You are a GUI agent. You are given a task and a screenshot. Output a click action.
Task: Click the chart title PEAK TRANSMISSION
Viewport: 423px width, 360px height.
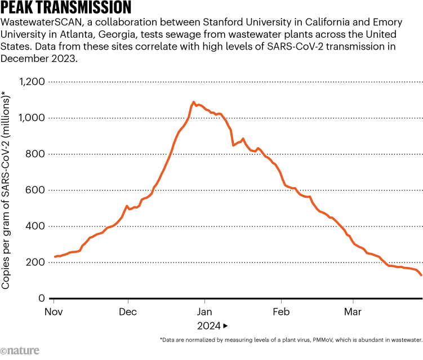pos(66,8)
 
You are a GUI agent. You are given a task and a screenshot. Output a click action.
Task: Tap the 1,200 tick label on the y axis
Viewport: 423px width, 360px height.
pos(32,82)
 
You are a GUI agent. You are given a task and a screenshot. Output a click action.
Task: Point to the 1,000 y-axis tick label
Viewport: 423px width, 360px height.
pos(32,118)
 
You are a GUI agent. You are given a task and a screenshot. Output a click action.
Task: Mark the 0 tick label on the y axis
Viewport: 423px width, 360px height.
pos(41,298)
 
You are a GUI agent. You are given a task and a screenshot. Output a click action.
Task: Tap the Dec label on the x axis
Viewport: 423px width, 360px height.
pos(128,312)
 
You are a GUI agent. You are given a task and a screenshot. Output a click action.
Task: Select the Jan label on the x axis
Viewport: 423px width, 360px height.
pos(204,312)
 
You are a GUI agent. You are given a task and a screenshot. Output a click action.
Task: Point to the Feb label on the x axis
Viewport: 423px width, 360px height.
pos(280,312)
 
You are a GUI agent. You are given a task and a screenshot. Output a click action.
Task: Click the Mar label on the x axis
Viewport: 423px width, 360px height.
pos(353,312)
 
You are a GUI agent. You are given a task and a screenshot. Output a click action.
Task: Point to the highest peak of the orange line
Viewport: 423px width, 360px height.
pos(194,103)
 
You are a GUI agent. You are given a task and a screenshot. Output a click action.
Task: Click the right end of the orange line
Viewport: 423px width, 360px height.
pos(421,275)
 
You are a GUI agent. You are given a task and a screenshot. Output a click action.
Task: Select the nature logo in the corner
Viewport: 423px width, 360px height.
pos(20,350)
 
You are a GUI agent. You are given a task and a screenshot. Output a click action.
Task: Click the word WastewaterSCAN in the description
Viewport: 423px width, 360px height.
pos(36,23)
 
